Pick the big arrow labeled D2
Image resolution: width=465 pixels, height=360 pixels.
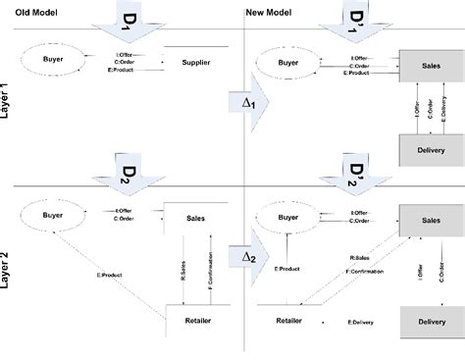(123, 173)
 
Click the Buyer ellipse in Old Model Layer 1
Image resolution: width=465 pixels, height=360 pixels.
(54, 60)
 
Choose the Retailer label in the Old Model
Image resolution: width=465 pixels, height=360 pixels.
(197, 319)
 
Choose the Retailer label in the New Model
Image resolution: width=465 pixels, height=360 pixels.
(288, 319)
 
